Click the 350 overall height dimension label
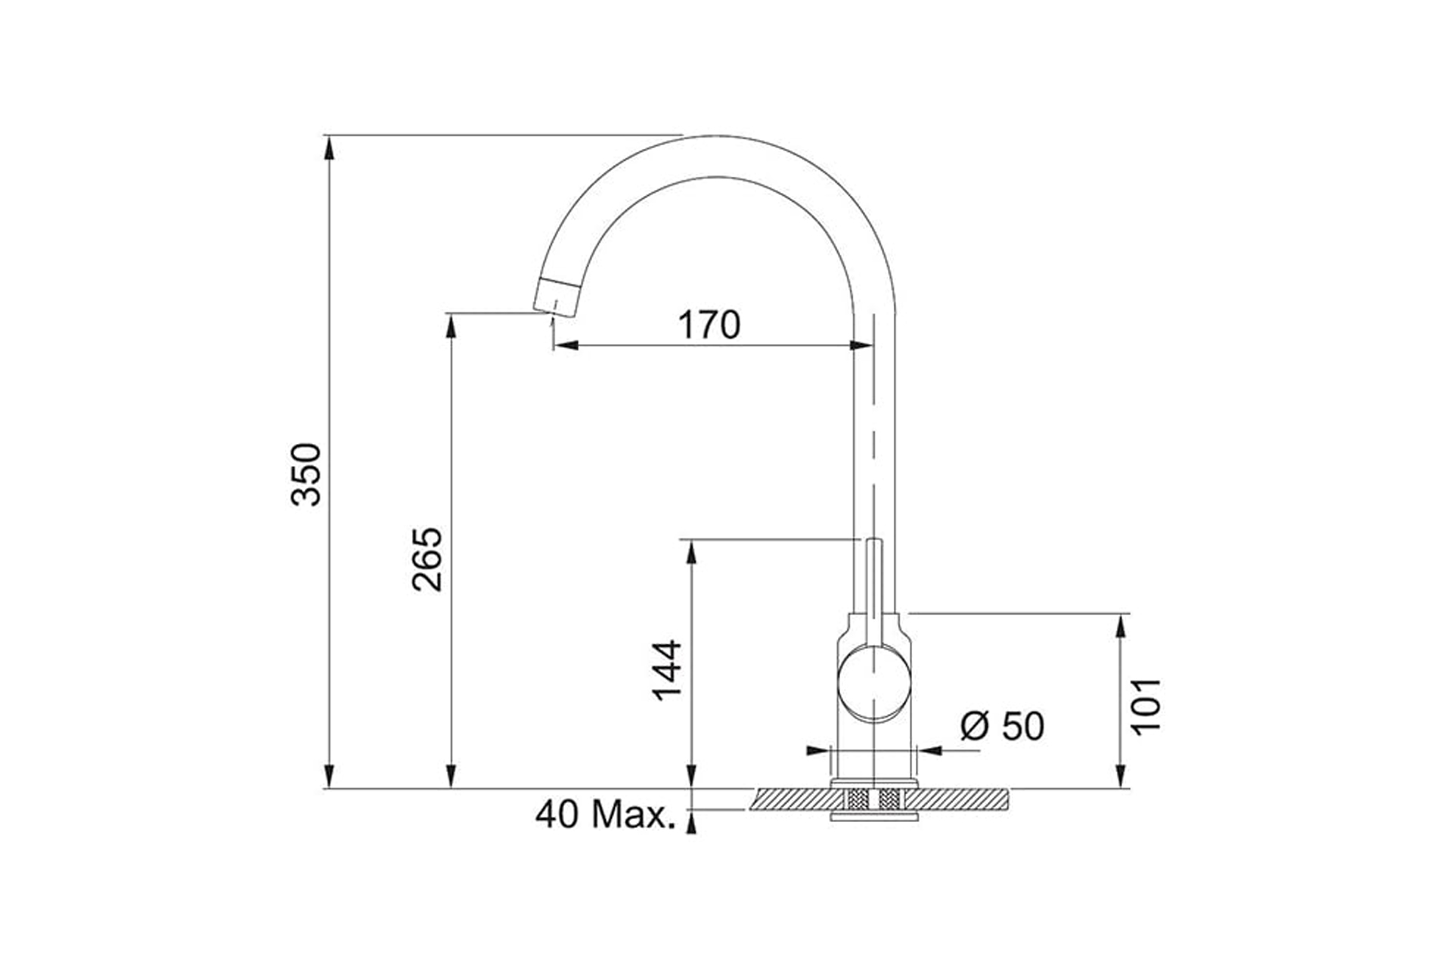click(307, 474)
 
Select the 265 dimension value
click(427, 559)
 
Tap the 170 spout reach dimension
click(709, 324)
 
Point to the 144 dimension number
click(667, 670)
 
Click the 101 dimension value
click(1146, 705)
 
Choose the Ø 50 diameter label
click(1002, 726)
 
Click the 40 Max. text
click(605, 814)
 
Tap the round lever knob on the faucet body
click(874, 683)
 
